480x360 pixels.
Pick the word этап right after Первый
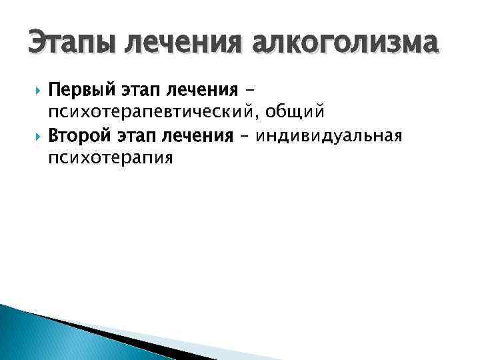click(x=140, y=89)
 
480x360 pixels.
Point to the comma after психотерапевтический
click(x=269, y=113)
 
